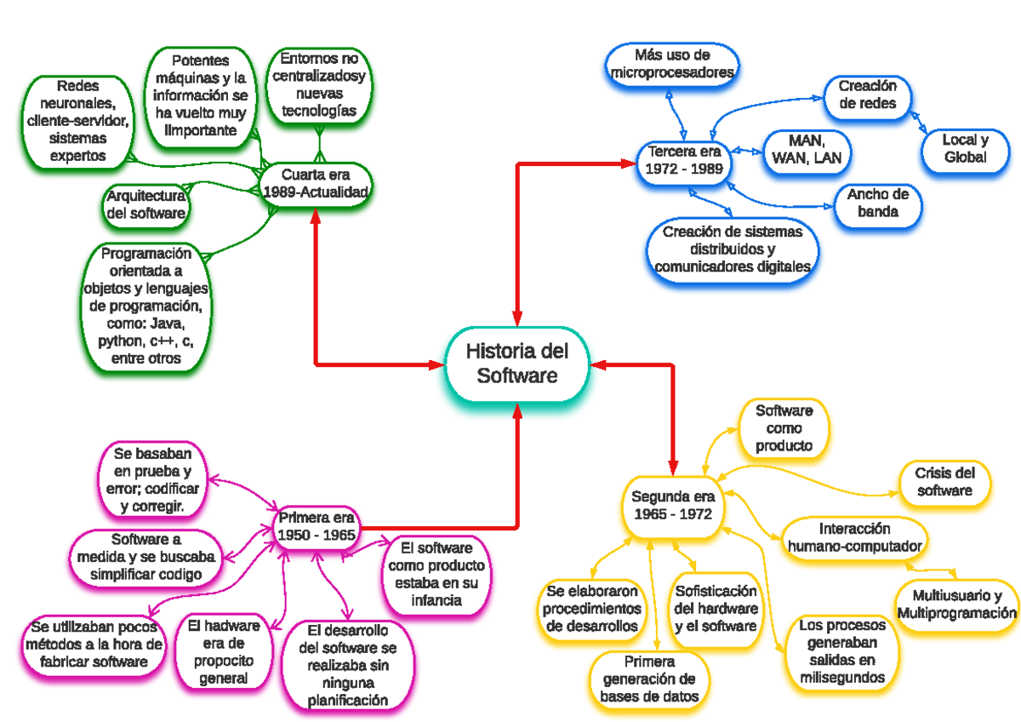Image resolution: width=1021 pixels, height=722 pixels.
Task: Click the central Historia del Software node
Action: click(x=516, y=364)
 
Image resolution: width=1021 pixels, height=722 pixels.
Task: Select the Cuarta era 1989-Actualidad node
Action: click(x=317, y=184)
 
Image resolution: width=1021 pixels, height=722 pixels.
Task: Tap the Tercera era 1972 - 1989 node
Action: click(x=684, y=160)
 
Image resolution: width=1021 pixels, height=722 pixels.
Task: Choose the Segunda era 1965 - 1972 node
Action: click(x=672, y=506)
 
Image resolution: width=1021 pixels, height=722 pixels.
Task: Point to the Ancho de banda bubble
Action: click(x=877, y=203)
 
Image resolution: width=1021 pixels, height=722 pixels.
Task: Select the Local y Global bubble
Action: click(x=965, y=149)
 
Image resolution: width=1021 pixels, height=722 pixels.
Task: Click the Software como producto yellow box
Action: click(x=784, y=428)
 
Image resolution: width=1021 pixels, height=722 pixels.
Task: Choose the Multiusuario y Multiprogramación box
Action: click(x=956, y=604)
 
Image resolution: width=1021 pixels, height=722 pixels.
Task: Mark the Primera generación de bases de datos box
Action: click(x=650, y=679)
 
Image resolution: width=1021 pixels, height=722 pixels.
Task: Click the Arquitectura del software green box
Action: click(x=145, y=204)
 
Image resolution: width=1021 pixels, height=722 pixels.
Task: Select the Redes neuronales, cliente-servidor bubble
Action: click(x=78, y=120)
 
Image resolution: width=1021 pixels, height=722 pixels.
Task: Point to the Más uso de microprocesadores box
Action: click(x=671, y=65)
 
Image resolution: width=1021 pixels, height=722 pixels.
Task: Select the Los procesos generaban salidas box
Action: click(x=842, y=651)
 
